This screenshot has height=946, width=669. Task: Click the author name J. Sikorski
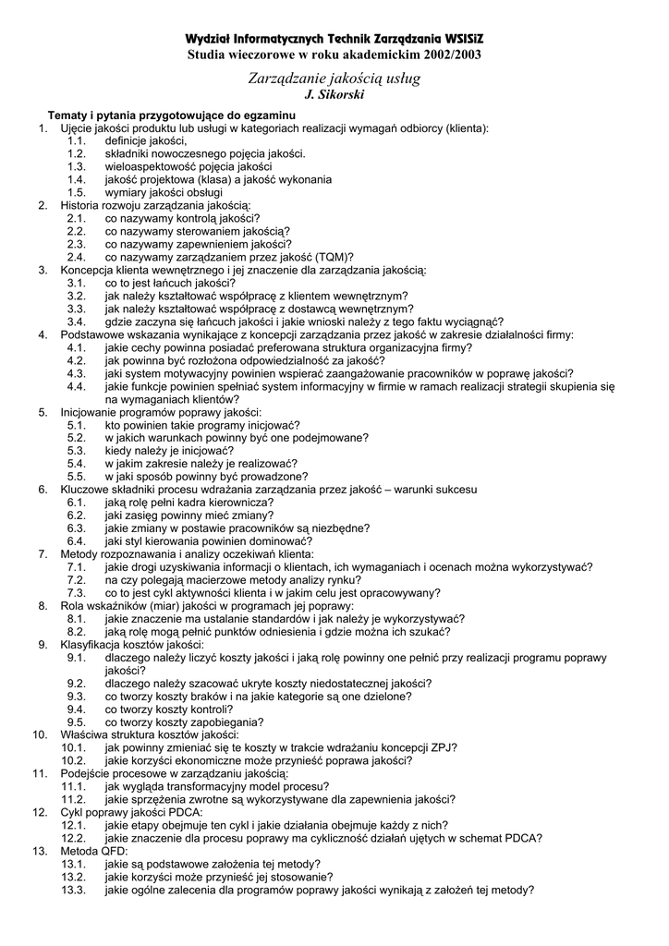334,95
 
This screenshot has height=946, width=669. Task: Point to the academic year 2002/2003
451,55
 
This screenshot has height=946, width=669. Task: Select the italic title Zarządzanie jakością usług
334,79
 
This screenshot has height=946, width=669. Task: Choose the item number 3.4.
77,321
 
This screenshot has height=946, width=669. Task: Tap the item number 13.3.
74,890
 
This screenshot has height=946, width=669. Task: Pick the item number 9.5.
77,722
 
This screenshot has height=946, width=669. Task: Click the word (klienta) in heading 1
468,127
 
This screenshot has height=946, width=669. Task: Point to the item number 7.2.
77,579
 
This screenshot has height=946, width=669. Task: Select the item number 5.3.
77,450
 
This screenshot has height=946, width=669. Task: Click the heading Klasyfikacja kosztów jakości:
132,644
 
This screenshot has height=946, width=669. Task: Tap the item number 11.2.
74,799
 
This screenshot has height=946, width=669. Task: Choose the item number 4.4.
77,386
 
